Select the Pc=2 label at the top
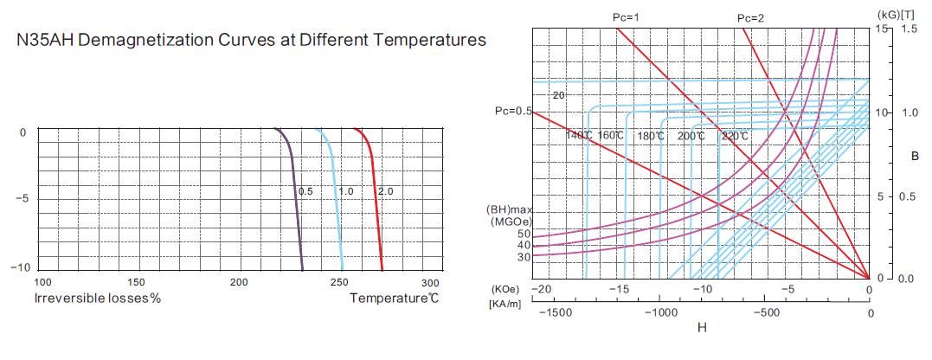point(751,17)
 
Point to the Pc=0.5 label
point(512,111)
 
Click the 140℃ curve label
point(579,136)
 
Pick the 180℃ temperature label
point(651,136)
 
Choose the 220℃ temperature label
point(734,136)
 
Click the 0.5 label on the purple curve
point(305,190)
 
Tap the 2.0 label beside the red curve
point(385,190)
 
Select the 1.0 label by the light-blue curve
point(345,190)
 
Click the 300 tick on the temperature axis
point(430,283)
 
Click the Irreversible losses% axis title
point(98,299)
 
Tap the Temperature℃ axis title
point(394,299)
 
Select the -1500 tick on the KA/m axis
point(554,312)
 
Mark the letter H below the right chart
point(702,328)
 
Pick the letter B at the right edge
point(915,157)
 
